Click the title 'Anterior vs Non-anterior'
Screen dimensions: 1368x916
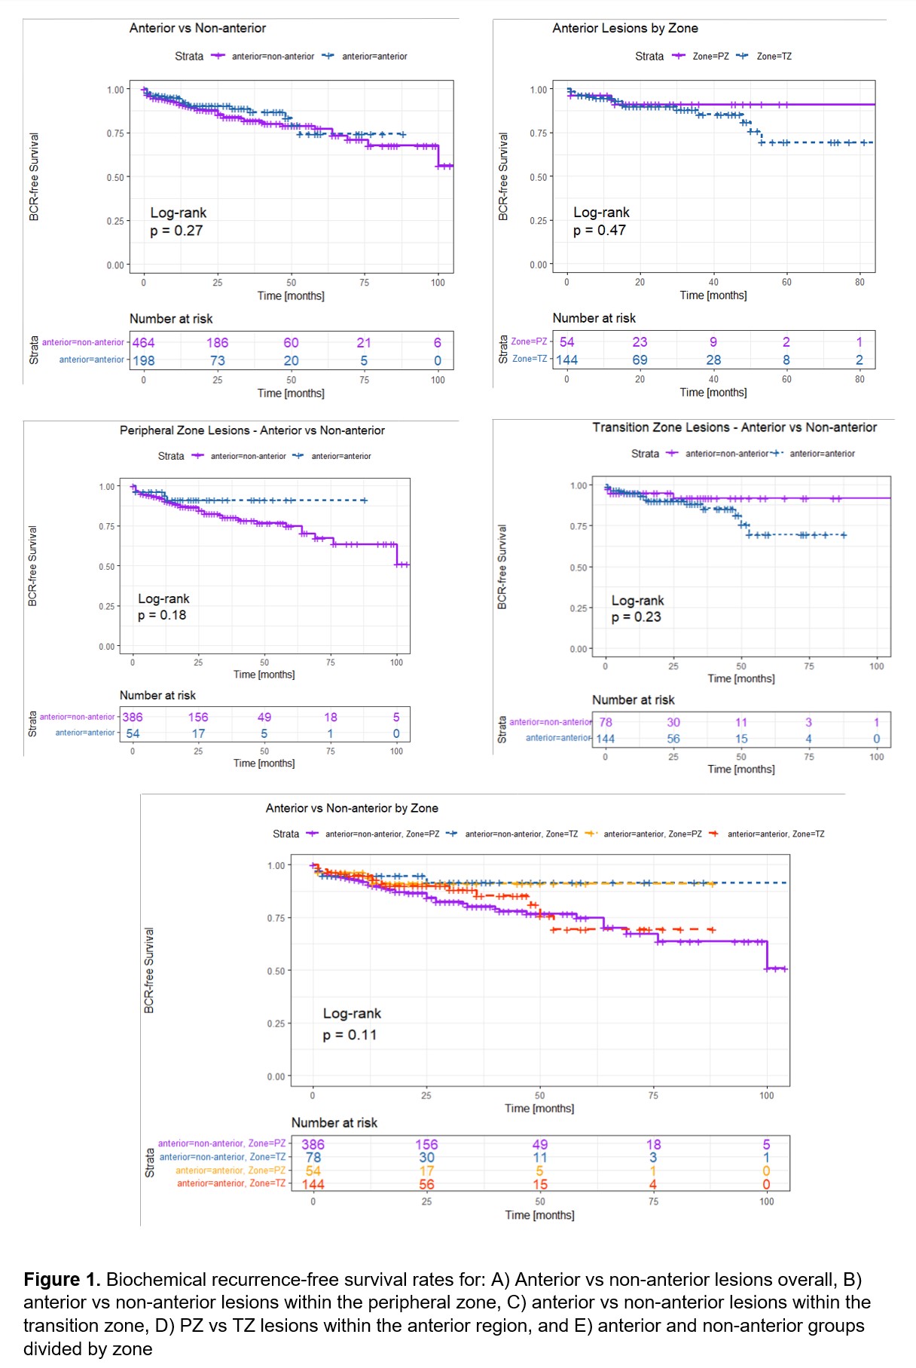[197, 28]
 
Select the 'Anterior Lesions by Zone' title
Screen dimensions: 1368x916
[624, 28]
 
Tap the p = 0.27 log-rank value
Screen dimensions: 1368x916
[176, 231]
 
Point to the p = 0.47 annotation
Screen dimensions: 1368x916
[600, 230]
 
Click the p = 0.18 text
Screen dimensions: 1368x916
[162, 615]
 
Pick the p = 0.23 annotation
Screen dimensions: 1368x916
[637, 617]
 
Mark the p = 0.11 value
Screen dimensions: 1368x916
[350, 1035]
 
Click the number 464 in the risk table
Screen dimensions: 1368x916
[143, 342]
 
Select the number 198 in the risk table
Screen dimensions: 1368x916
[143, 360]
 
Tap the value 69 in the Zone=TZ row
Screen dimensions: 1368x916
[640, 360]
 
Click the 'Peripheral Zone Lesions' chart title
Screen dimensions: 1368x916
[252, 430]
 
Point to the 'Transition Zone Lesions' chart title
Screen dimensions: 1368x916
[734, 427]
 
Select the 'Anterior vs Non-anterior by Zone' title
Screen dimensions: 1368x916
[352, 808]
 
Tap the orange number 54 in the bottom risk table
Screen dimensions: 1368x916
[313, 1171]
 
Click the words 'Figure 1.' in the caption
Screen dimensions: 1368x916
[62, 1279]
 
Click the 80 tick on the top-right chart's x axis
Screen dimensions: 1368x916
[860, 282]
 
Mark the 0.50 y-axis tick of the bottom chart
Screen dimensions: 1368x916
[276, 971]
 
